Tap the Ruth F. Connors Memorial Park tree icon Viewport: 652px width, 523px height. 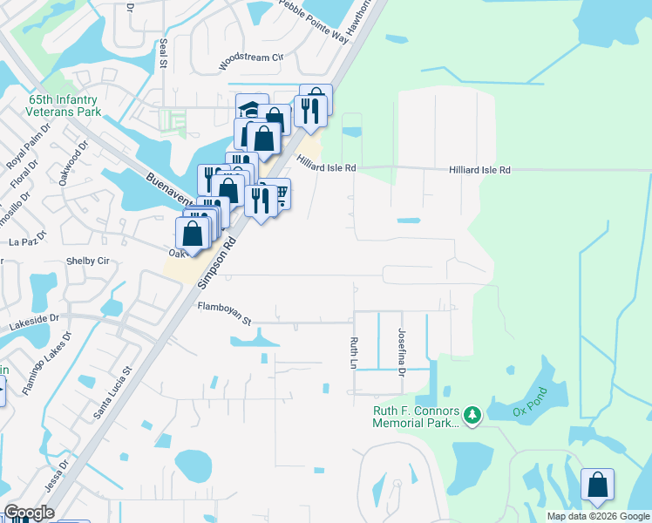472,416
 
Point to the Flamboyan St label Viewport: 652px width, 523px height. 224,314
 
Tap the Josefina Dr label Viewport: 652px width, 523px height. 402,353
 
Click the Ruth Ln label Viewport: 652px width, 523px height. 354,352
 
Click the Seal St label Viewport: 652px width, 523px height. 162,55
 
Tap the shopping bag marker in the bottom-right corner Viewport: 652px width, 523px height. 597,486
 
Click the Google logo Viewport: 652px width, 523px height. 29,513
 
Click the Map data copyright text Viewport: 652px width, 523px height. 598,516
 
